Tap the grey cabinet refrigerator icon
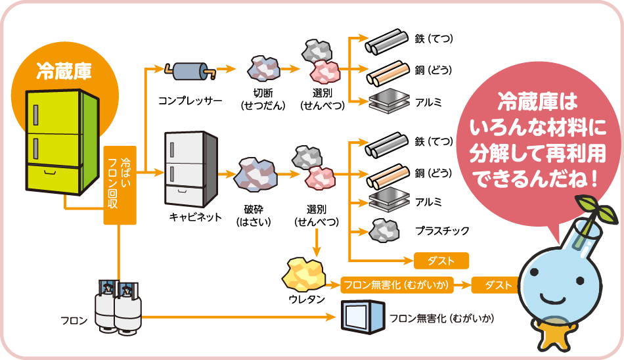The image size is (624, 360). pos(191,169)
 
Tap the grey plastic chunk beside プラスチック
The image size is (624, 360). pos(384,230)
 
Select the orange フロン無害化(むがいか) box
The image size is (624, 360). pos(405,285)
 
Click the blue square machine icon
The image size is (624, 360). pos(361,317)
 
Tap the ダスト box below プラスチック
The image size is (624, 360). pos(441,261)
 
